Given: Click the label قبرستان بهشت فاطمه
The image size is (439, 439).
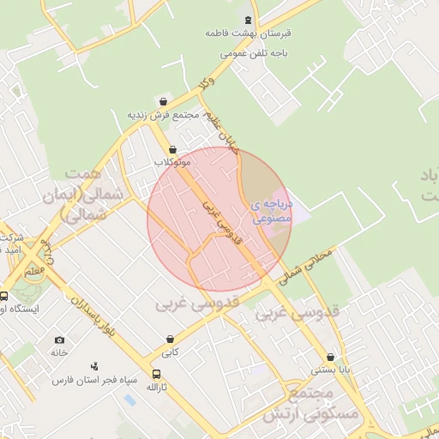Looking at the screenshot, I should (x=249, y=33).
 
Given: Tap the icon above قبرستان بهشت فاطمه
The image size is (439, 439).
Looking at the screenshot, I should (x=249, y=19).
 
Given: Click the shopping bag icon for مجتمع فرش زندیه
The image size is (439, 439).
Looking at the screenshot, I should (x=164, y=101).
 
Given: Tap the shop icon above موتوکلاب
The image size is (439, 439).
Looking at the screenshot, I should (x=172, y=148).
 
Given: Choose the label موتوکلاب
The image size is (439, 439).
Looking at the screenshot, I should (x=172, y=161).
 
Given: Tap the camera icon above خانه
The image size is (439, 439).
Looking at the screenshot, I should (x=59, y=340).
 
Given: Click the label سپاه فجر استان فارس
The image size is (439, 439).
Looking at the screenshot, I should (x=88, y=379).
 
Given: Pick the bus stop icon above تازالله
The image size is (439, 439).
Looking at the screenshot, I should (x=156, y=374).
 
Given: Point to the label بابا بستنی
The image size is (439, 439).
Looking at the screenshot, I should (x=330, y=370).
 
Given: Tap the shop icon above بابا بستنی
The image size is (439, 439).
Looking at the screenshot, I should (x=330, y=358).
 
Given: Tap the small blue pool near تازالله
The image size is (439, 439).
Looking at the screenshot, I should (x=129, y=400).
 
